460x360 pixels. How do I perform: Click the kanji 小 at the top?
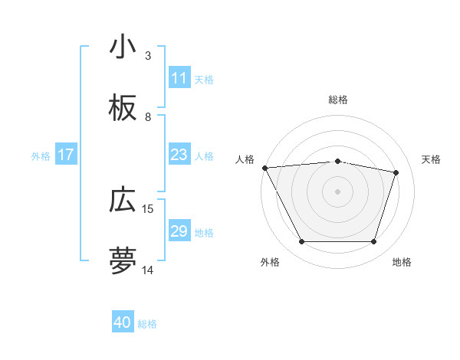click(123, 48)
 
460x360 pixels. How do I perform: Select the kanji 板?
click(123, 110)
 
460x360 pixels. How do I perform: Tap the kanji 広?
click(123, 201)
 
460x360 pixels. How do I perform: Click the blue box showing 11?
click(179, 78)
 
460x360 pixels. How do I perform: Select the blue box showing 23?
click(179, 155)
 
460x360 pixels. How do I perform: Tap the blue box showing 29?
click(179, 231)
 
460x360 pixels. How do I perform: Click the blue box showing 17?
click(66, 155)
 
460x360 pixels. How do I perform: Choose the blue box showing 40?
click(123, 322)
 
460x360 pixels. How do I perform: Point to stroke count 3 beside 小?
click(148, 56)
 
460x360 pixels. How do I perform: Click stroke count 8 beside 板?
click(148, 117)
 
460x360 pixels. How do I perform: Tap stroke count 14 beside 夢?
click(149, 270)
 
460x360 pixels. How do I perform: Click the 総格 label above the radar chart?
click(338, 100)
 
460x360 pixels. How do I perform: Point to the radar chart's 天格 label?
click(432, 159)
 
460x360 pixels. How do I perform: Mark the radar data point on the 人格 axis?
click(264, 168)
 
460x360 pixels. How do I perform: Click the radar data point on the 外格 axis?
click(301, 242)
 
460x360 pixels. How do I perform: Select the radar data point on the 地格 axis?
click(374, 242)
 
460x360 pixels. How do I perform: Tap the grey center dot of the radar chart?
click(338, 191)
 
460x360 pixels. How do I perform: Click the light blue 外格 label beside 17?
click(41, 155)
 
